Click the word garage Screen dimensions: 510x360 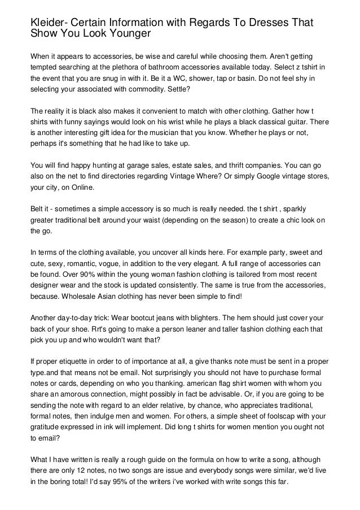[x=148, y=167]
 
